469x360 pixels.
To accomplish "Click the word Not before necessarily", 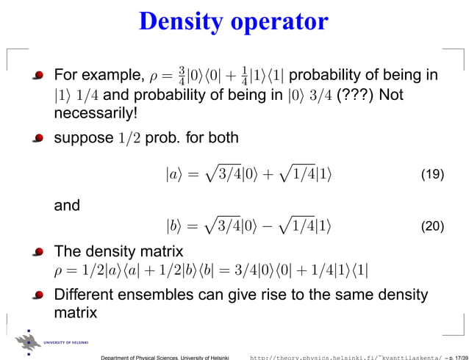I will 392,96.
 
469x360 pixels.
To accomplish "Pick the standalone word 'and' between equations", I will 67,206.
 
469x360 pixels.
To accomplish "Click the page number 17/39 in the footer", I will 454,356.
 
